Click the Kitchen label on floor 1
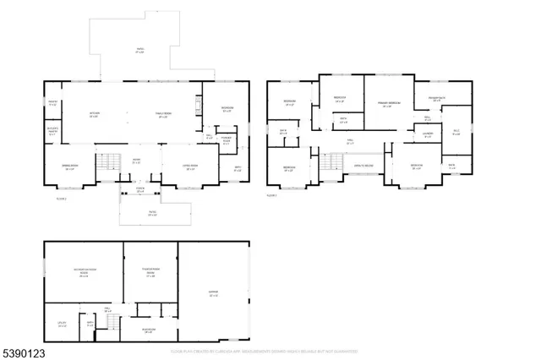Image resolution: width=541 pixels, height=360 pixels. coord(96,114)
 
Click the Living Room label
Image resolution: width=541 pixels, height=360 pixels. coord(191,166)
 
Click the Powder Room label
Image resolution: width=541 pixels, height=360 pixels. coord(226,141)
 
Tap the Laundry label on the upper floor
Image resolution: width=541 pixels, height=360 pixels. coord(428,134)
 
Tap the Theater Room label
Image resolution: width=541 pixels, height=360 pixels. coord(150,273)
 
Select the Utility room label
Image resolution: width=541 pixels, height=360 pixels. coord(62,325)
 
